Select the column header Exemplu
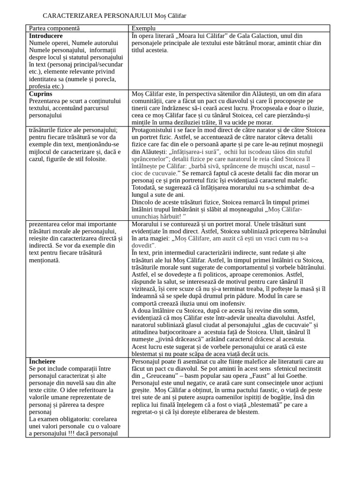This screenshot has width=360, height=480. (143, 29)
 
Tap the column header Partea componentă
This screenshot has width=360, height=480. (54, 29)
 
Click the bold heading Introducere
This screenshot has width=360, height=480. (46, 36)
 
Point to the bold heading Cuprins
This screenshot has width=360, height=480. (41, 94)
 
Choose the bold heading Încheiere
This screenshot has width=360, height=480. (42, 362)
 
